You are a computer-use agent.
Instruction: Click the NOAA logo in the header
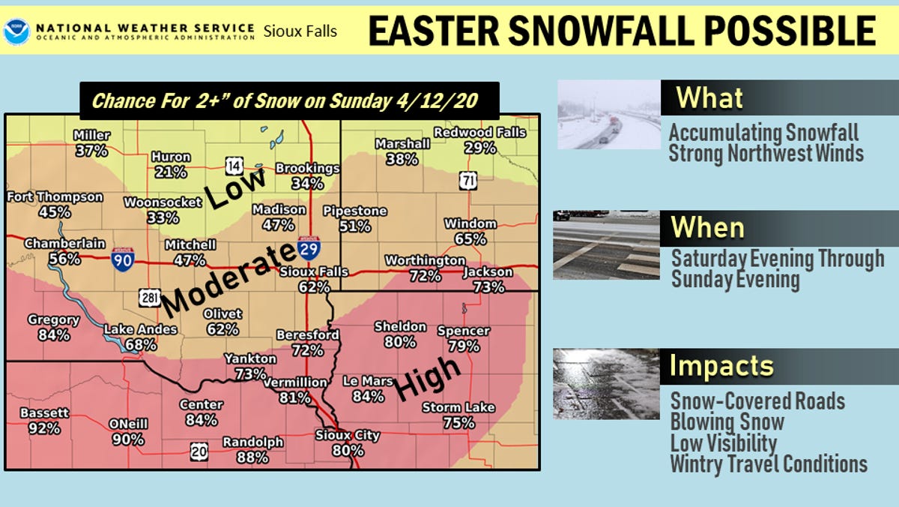tap(16, 31)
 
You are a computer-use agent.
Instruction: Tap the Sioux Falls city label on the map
tap(313, 271)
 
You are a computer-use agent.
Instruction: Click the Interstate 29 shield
tap(307, 247)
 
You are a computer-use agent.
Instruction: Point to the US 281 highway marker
tap(148, 298)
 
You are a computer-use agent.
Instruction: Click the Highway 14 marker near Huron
tap(234, 165)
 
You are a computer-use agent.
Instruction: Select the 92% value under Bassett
tap(44, 428)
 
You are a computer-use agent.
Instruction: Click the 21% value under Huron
tap(171, 172)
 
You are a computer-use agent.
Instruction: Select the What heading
tap(709, 97)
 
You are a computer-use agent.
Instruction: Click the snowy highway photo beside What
tap(608, 115)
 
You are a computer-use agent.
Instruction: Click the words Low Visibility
tap(723, 442)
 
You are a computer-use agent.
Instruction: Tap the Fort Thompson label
tap(55, 197)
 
